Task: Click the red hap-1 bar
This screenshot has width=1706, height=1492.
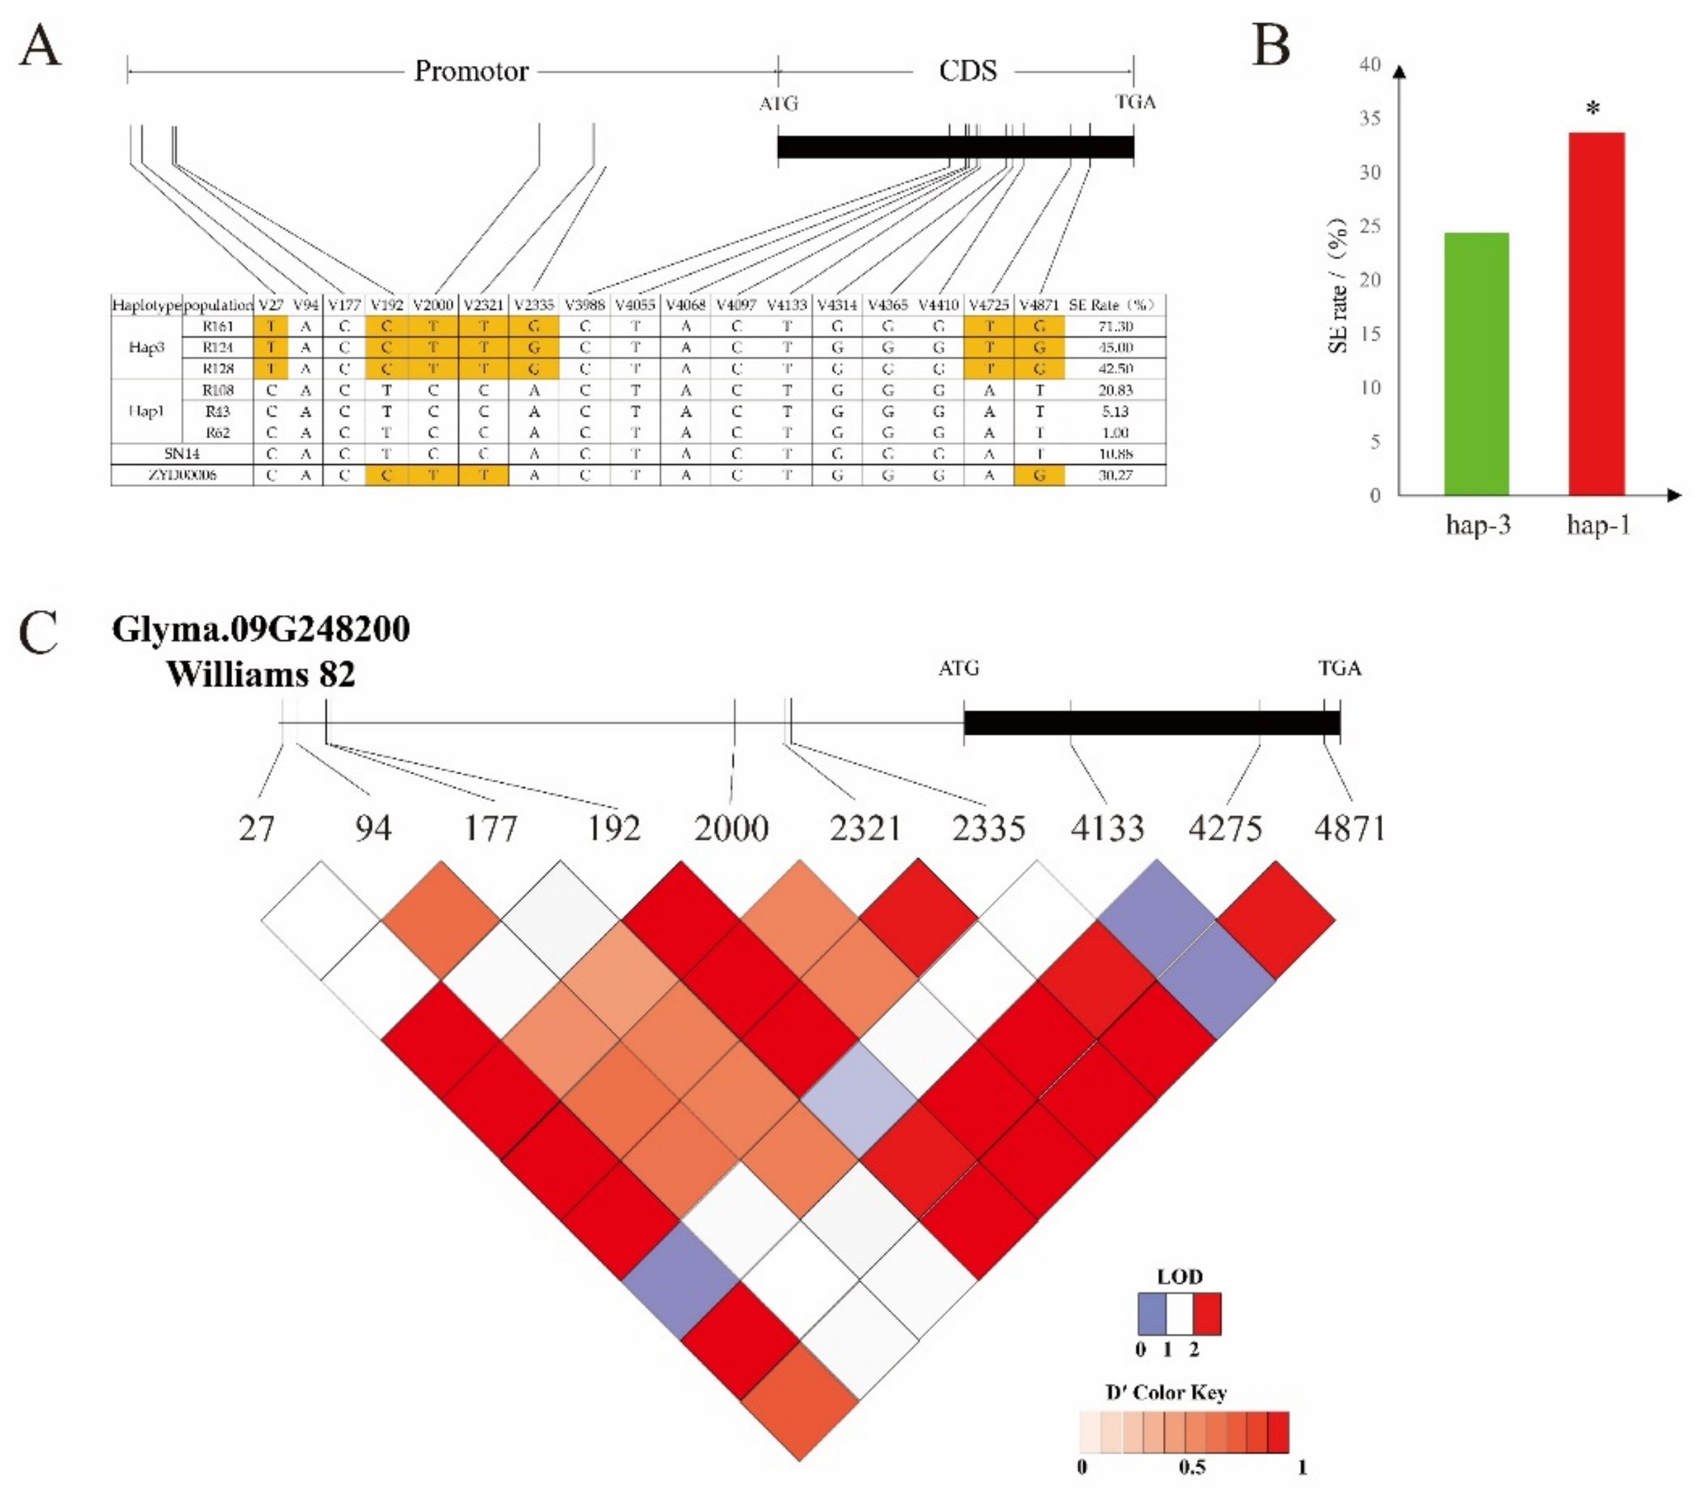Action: [x=1596, y=314]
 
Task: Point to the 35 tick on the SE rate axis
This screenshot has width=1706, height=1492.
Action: [x=1369, y=118]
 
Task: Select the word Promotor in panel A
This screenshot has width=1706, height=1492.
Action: [x=471, y=72]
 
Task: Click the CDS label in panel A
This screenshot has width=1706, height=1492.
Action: [x=967, y=72]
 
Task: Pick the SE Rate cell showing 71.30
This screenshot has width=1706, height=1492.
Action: [x=1115, y=326]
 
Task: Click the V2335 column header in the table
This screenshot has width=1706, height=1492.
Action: [x=533, y=304]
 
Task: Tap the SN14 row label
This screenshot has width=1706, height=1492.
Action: [x=182, y=454]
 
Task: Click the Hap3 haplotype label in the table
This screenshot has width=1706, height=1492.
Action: [x=147, y=347]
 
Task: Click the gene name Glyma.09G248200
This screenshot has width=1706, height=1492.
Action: [x=260, y=630]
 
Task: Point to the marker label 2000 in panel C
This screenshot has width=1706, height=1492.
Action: [x=731, y=828]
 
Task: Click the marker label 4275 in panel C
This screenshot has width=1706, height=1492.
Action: [x=1225, y=828]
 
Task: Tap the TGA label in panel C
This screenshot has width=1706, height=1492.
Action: [x=1339, y=669]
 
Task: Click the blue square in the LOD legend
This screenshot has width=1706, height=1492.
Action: [x=1152, y=1314]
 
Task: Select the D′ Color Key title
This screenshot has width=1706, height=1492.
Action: [x=1166, y=1392]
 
